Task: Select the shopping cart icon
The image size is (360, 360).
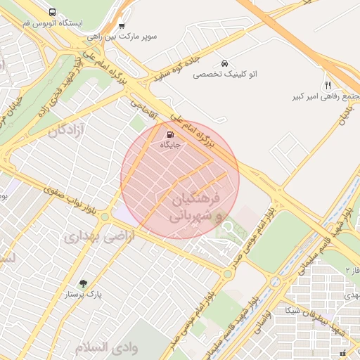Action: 122,25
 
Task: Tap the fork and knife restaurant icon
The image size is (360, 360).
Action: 328,85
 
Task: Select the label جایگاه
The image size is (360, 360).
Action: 171,145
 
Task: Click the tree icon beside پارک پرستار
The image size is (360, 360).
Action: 84,283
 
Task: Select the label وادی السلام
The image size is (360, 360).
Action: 105,347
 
